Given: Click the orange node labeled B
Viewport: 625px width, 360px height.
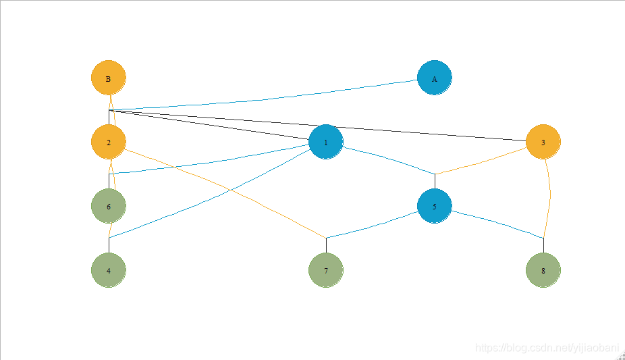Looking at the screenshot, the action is coord(109,78).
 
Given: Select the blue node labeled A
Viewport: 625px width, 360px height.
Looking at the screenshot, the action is coord(435,78).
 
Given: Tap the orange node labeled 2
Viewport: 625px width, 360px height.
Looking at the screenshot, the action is coord(109,143).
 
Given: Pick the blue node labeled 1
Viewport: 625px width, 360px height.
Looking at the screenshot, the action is coord(326,143).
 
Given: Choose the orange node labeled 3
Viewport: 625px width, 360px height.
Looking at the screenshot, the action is coord(543,143).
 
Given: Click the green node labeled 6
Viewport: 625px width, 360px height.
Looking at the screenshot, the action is coord(109,207).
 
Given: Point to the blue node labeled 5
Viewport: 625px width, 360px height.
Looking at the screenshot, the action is coord(435,207).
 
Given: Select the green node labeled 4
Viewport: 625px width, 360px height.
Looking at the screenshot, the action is coord(109,270).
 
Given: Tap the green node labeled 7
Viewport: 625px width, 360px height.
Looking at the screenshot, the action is coord(326,270).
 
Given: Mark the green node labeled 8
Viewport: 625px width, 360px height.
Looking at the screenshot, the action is coord(543,270).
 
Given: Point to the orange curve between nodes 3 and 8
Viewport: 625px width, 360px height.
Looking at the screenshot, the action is coord(550,196).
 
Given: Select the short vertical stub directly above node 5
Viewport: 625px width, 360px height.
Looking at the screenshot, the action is coord(435,181).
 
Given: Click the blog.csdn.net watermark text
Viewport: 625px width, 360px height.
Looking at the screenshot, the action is coord(547,348).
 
